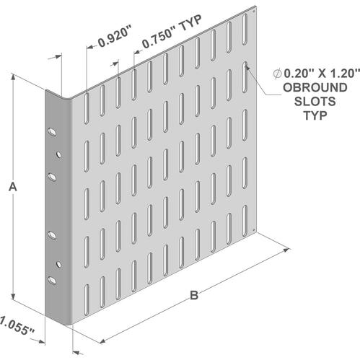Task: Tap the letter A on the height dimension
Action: pyautogui.click(x=13, y=187)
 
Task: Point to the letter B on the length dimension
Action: pyautogui.click(x=194, y=295)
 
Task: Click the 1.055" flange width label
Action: pyautogui.click(x=17, y=326)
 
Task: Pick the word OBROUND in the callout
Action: pyautogui.click(x=315, y=87)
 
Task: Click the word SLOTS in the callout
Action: pyautogui.click(x=315, y=102)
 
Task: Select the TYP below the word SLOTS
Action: pyautogui.click(x=315, y=115)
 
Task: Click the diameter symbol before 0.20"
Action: pyautogui.click(x=277, y=74)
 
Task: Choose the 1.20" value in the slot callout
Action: pyautogui.click(x=345, y=74)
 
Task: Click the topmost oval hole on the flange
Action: pyautogui.click(x=52, y=132)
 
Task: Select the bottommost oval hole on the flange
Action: pyautogui.click(x=52, y=281)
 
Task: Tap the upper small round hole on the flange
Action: pyautogui.click(x=58, y=154)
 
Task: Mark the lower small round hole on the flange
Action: pyautogui.click(x=58, y=265)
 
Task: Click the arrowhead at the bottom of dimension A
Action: pyautogui.click(x=14, y=297)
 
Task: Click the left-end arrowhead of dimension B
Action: pyautogui.click(x=103, y=341)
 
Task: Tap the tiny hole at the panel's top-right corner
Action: pyautogui.click(x=254, y=11)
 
